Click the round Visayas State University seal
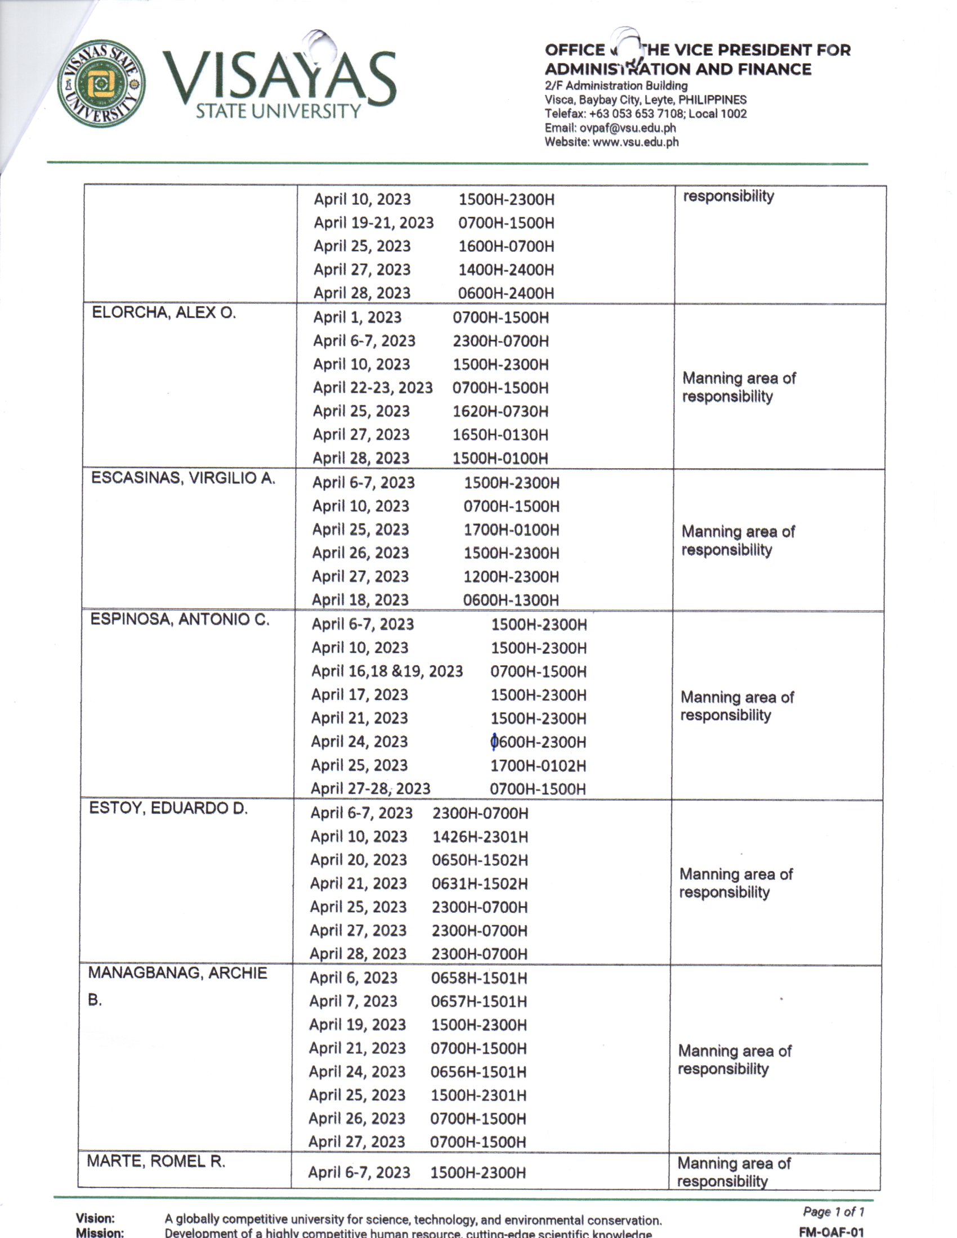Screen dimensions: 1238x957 (101, 83)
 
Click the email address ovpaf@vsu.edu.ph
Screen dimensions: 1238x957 (627, 128)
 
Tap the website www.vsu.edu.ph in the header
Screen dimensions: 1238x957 (635, 142)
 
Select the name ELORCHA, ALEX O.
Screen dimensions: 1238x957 (164, 312)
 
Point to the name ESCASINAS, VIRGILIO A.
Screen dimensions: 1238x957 (183, 478)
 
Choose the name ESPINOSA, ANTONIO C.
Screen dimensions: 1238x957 (180, 619)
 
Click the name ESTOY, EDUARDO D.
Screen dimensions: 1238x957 (168, 808)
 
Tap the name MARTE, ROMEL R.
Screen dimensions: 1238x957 (156, 1161)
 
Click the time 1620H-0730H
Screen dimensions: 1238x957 (500, 411)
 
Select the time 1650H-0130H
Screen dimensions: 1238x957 (500, 435)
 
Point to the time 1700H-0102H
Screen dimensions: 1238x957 (538, 766)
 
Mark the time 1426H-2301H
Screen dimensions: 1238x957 (480, 837)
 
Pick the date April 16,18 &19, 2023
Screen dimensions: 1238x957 (387, 671)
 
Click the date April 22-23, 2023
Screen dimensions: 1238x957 (373, 388)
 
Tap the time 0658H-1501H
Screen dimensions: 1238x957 (479, 978)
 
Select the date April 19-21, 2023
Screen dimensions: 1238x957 (374, 223)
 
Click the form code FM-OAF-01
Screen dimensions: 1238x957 (831, 1232)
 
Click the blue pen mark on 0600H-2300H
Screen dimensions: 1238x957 (494, 741)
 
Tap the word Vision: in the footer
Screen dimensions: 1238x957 (95, 1218)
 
